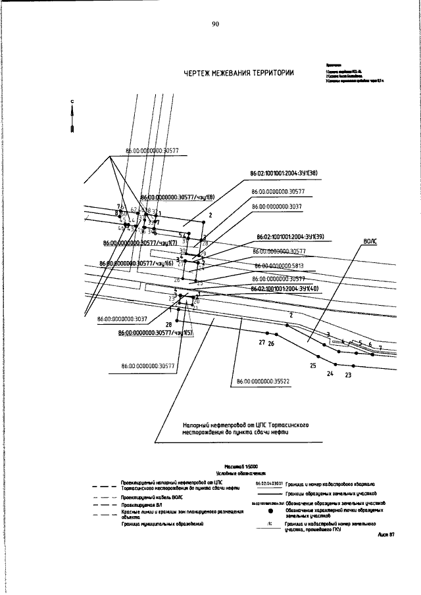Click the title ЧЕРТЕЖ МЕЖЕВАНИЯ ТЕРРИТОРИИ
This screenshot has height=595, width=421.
coord(239,73)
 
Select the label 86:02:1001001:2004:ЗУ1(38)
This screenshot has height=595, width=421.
coord(284,174)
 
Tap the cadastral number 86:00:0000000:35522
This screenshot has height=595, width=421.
coord(262,380)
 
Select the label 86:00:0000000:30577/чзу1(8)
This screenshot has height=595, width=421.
coord(178,197)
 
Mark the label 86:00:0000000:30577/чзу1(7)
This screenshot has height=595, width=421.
coord(136,243)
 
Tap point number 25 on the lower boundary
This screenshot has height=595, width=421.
coord(313,365)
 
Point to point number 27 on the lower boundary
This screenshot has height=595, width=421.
coord(261,343)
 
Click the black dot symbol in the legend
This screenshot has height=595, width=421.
coord(270,510)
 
